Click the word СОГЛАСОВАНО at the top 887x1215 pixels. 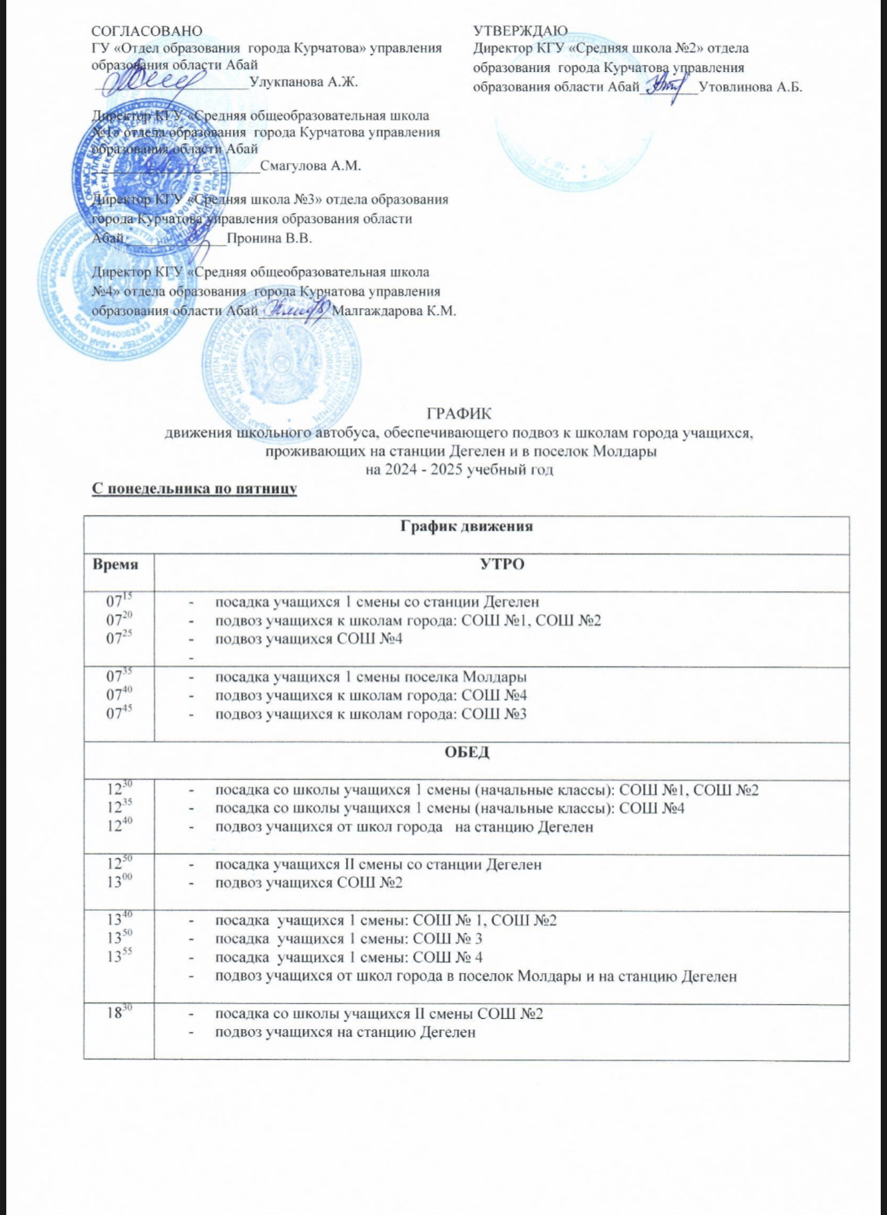point(147,31)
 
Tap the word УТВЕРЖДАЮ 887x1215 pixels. point(520,31)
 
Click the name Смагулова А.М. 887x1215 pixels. point(311,166)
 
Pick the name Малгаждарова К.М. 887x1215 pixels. point(394,311)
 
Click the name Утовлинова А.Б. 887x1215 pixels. point(750,87)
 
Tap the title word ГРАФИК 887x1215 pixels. point(459,414)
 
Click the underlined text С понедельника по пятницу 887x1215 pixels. point(195,488)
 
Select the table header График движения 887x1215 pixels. point(466,526)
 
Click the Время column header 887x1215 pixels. point(115,564)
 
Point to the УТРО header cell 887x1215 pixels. point(502,564)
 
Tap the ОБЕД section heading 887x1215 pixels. point(466,752)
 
